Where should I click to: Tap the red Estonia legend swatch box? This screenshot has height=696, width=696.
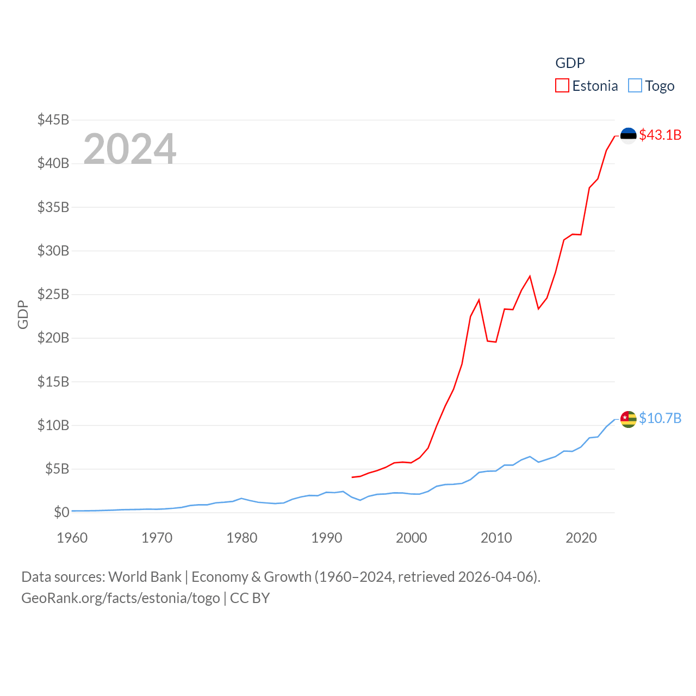click(562, 86)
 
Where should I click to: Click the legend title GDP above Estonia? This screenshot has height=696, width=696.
click(570, 63)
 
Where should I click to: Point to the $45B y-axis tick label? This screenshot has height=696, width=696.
click(53, 120)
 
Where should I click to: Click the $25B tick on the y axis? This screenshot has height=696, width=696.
click(53, 294)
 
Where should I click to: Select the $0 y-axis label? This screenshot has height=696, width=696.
click(61, 512)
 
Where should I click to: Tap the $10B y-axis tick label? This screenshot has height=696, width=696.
click(53, 425)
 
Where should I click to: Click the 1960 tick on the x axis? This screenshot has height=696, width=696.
click(72, 538)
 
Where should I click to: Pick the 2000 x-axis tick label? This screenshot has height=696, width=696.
click(412, 538)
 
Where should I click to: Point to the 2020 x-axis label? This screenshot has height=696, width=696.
click(581, 538)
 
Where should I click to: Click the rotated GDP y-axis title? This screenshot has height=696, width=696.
click(23, 314)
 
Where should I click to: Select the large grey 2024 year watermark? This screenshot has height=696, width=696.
click(130, 149)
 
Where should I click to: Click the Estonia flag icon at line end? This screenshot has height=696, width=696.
click(629, 135)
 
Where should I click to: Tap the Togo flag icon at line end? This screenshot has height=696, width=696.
click(629, 419)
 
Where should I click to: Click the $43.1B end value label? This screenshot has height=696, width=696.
click(660, 135)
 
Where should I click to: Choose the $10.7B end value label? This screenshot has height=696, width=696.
click(660, 418)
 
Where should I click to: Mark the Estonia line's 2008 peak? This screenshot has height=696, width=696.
click(479, 300)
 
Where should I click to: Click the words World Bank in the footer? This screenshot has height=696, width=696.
click(145, 577)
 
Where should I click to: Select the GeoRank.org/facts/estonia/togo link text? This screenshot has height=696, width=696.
click(121, 598)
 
